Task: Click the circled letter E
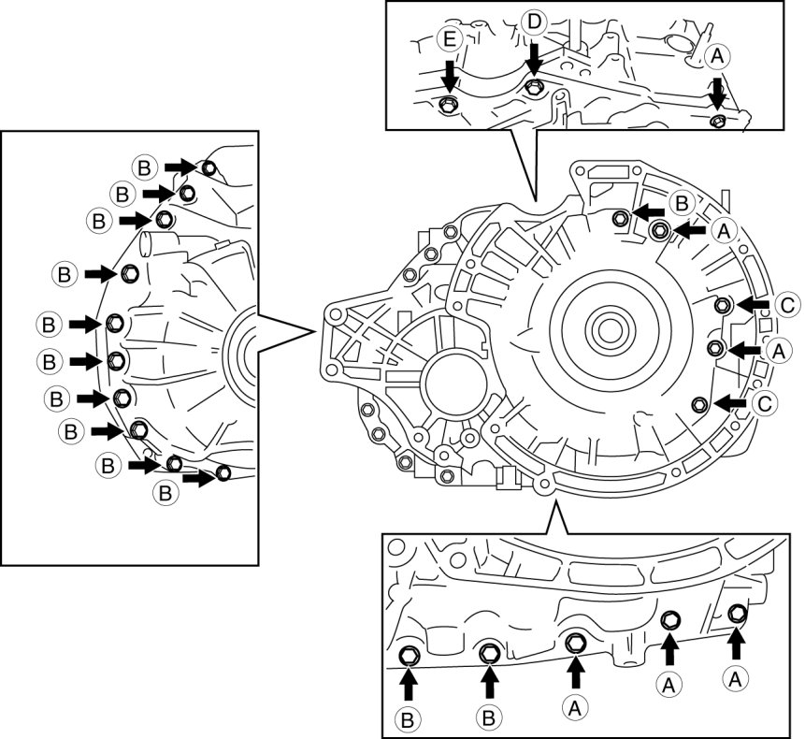[x=448, y=40]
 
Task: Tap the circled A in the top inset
[x=717, y=57]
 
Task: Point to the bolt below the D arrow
[x=533, y=88]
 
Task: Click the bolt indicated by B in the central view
[x=619, y=218]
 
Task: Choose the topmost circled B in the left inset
[x=144, y=167]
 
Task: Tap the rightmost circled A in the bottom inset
[x=736, y=675]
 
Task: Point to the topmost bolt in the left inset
[x=208, y=167]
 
